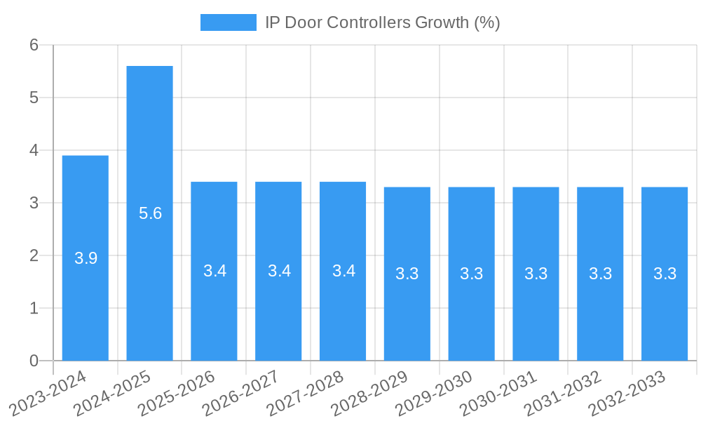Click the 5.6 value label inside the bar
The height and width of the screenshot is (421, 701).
pos(150,214)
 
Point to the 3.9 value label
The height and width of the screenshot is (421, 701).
pos(86,258)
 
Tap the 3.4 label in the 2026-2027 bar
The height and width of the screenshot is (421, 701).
pos(279,271)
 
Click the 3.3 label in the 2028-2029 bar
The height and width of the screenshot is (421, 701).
pos(407,274)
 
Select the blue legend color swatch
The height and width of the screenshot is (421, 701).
pos(229,22)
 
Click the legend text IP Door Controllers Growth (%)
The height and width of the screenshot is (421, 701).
pos(382,22)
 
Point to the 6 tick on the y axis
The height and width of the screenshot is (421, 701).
pos(34,45)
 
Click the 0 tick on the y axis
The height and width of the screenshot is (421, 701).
pos(34,361)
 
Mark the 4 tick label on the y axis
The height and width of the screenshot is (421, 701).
pos(34,150)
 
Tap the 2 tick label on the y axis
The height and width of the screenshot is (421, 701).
pos(34,255)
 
